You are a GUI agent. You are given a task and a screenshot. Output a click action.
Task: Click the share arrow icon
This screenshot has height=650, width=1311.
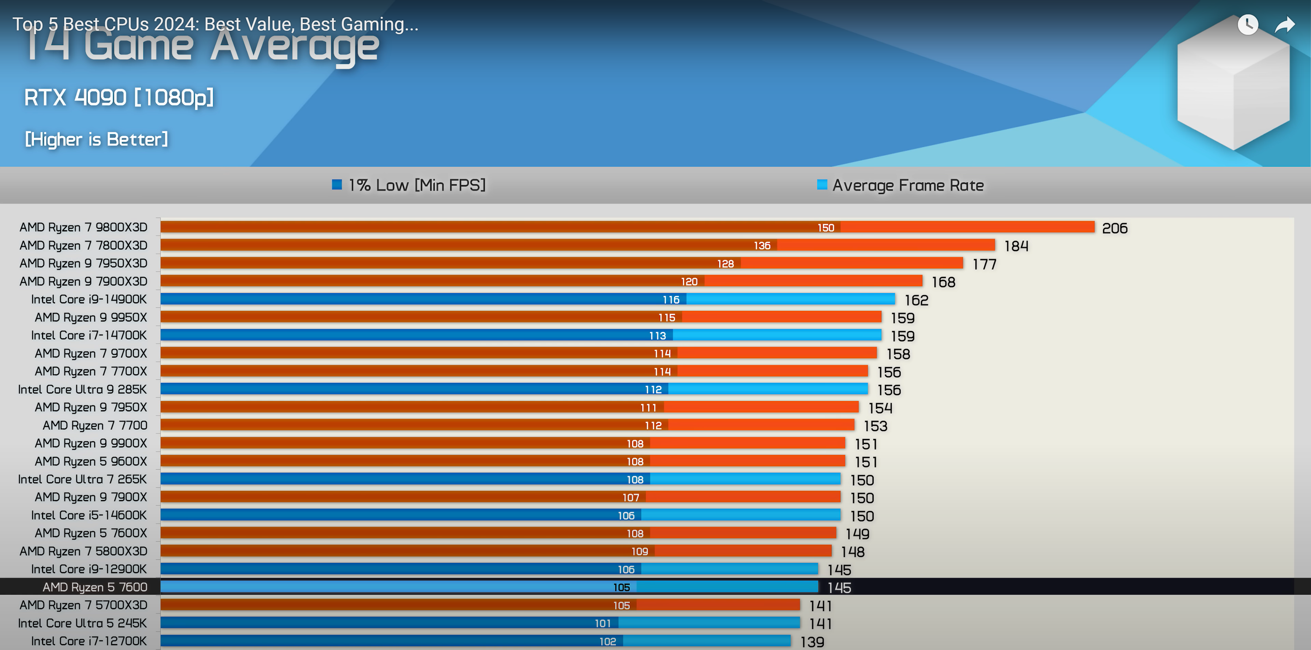coord(1284,25)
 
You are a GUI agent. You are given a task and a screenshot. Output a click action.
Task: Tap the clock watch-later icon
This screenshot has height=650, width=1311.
coord(1247,25)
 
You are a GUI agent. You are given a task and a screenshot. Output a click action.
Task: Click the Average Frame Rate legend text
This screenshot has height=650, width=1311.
coord(908,185)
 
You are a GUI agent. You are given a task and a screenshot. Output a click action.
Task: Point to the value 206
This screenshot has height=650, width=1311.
coord(1115,228)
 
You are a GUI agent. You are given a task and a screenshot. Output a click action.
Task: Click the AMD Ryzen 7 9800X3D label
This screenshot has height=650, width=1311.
coord(83,227)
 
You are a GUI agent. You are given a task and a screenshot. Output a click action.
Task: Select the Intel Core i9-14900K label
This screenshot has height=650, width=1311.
coord(88,299)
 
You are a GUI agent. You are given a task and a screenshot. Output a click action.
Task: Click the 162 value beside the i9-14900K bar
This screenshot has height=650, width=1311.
coord(916,300)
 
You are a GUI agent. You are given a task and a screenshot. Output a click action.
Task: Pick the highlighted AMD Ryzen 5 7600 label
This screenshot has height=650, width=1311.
coord(95,587)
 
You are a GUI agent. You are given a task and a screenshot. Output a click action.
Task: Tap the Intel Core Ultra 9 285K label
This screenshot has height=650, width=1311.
coord(82,389)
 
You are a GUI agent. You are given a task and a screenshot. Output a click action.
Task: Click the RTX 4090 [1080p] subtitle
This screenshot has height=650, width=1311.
coord(118,97)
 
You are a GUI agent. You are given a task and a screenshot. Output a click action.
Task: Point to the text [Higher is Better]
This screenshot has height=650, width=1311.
coord(96,139)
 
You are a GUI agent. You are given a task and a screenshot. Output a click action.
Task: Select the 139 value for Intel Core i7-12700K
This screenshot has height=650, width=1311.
coord(812,642)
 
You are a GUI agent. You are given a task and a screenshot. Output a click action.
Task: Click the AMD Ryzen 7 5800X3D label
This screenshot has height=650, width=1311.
coord(83,551)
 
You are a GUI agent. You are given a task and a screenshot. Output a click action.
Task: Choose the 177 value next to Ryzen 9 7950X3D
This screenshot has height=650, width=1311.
coord(984,264)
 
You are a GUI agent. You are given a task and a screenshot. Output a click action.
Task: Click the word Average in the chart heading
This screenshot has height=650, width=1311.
coord(295,47)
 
